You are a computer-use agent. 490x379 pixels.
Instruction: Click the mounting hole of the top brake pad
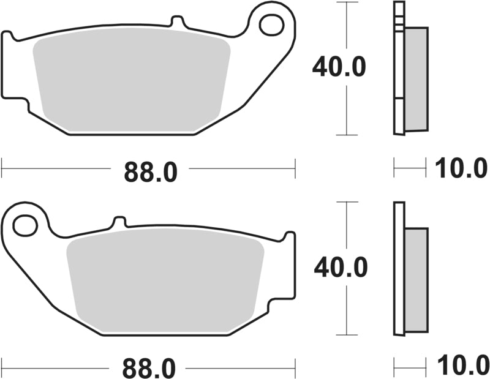[x=270, y=25]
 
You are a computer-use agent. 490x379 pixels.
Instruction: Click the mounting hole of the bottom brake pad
[x=25, y=225]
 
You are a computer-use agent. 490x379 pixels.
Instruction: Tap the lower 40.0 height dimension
[x=340, y=267]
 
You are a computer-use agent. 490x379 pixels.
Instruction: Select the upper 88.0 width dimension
[x=150, y=172]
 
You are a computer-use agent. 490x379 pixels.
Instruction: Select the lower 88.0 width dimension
[x=150, y=369]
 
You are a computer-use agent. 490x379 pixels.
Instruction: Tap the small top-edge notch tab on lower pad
[x=119, y=221]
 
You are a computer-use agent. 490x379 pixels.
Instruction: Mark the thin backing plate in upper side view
[x=398, y=73]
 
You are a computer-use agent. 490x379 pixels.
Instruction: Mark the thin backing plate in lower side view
[x=399, y=269]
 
